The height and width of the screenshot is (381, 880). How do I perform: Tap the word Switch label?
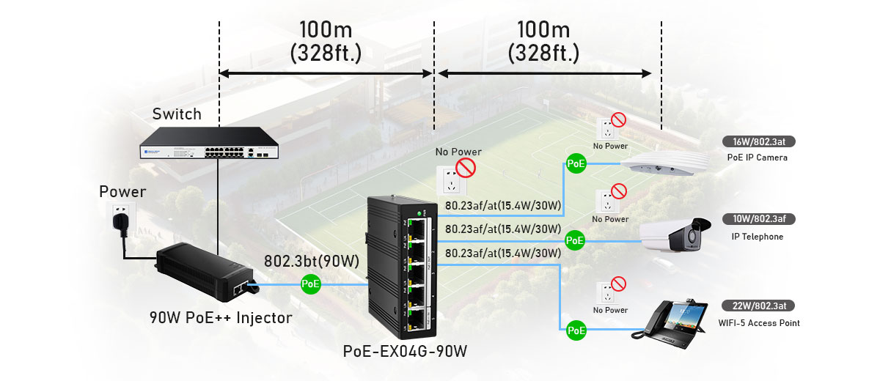pyautogui.click(x=176, y=114)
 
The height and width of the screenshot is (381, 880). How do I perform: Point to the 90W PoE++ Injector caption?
pyautogui.click(x=220, y=318)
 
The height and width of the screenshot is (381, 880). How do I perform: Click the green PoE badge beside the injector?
pyautogui.click(x=311, y=284)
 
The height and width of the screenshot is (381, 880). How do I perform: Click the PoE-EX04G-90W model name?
pyautogui.click(x=404, y=351)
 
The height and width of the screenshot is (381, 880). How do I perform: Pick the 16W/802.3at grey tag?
pyautogui.click(x=758, y=141)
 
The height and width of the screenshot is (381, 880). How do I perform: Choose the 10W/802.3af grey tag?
pyautogui.click(x=758, y=219)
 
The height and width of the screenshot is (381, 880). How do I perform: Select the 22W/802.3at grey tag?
pyautogui.click(x=758, y=306)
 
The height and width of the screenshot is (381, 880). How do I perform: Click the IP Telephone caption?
pyautogui.click(x=757, y=237)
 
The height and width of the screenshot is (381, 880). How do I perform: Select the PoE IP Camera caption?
pyautogui.click(x=757, y=157)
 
